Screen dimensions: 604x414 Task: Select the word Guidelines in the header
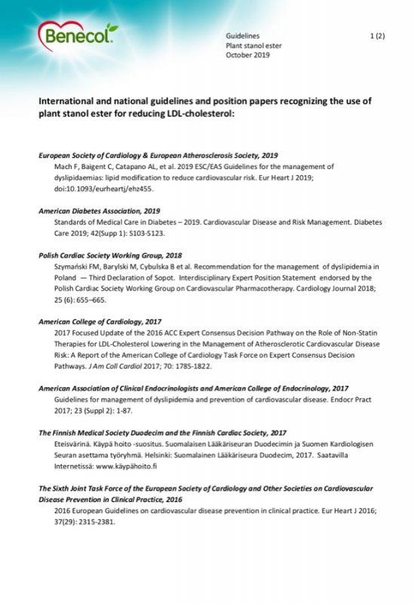243,35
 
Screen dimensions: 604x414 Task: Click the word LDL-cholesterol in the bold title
204,115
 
